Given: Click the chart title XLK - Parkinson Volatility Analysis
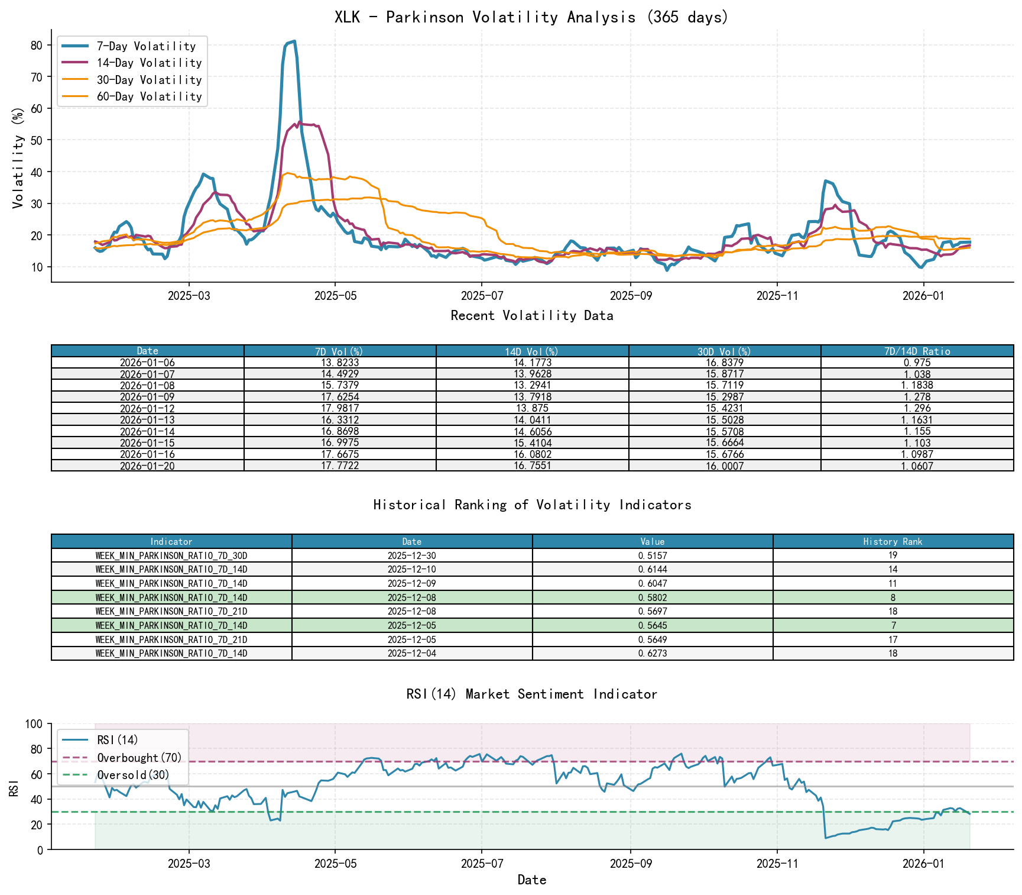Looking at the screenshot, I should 531,17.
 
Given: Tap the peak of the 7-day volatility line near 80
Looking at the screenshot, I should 294,41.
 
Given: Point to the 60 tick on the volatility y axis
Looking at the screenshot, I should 37,108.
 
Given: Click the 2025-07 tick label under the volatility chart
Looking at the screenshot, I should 482,296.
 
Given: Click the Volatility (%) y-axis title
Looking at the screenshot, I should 18,158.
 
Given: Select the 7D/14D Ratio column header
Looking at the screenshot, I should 917,351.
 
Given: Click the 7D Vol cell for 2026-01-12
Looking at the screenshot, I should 340,408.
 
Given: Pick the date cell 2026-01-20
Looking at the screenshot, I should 147,466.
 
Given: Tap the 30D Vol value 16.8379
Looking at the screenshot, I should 724,363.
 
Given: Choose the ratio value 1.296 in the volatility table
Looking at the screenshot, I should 917,408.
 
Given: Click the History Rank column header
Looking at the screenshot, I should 893,541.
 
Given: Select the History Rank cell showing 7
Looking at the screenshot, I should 893,625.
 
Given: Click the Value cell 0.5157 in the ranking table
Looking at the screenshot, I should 652,555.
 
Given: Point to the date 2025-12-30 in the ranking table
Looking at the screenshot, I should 411,555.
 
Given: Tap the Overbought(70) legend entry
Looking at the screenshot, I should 139,758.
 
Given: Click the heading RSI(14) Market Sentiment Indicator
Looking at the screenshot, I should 531,694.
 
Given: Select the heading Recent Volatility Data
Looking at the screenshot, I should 531,315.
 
